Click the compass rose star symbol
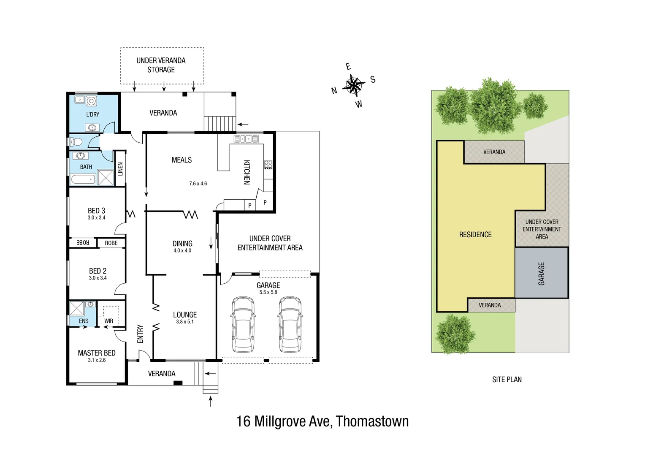354,86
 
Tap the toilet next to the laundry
76,141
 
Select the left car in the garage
243,324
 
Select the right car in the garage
290,324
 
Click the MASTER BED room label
97,353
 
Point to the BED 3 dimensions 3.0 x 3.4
96,218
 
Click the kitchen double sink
247,138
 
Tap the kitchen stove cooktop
268,165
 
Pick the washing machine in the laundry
91,101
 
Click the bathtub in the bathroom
83,180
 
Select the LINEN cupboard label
120,169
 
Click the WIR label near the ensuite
109,321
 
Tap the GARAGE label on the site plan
541,274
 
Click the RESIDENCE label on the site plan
475,235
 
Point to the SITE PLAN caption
507,380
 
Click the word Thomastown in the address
372,421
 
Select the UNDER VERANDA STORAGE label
161,65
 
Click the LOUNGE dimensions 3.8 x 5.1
185,322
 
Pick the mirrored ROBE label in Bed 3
83,243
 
